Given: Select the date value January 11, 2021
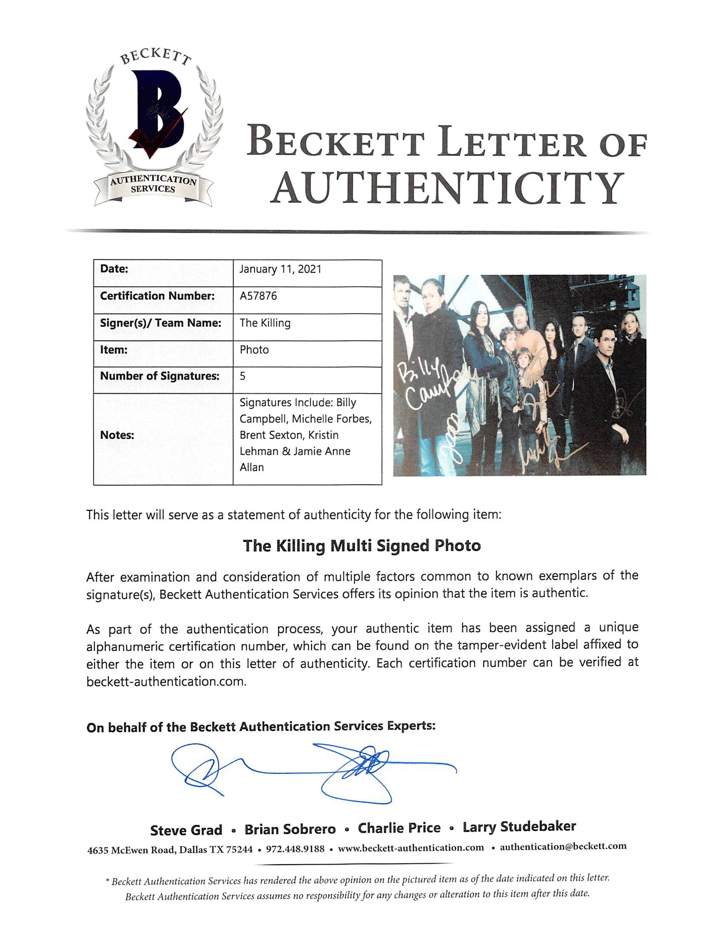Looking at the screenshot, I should click(x=280, y=269).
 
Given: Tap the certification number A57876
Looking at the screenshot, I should click(x=258, y=296).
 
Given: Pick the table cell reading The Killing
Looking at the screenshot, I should click(x=265, y=323).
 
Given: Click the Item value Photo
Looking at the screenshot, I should click(x=254, y=350).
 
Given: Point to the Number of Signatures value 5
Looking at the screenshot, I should click(x=243, y=376).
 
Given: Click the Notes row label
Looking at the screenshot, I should click(x=117, y=435).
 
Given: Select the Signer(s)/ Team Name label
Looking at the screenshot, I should click(x=161, y=323).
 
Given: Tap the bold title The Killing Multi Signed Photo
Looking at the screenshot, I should click(x=361, y=546).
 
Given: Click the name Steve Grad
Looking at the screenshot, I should click(x=186, y=830).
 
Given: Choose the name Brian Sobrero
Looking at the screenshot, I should click(x=290, y=829).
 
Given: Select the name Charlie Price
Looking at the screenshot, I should click(x=399, y=828).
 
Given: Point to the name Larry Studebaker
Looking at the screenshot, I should click(x=519, y=827).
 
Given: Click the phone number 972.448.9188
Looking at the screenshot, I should click(x=295, y=849).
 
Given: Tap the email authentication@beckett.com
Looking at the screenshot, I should click(x=563, y=847).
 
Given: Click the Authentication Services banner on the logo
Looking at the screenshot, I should click(x=153, y=185).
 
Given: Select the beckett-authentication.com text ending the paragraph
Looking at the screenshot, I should click(x=166, y=681).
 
